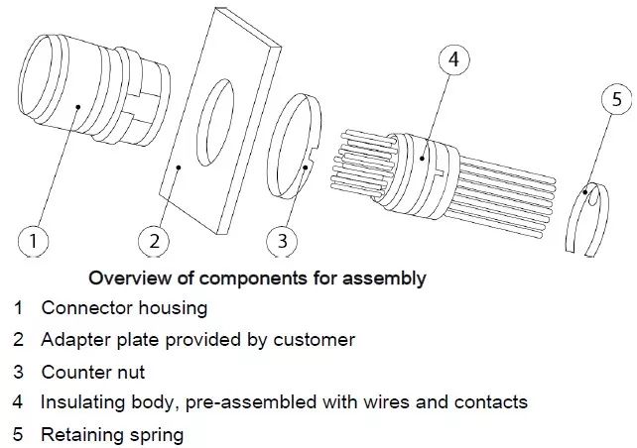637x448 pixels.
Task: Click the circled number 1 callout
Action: point(34,241)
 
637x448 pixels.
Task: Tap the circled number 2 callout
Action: point(154,241)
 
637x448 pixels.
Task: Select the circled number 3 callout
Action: point(282,241)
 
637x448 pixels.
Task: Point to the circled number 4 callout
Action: point(454,59)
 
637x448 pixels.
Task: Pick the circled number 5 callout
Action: point(617,99)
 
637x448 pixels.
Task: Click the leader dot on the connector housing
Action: point(78,107)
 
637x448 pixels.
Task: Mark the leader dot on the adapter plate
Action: point(178,168)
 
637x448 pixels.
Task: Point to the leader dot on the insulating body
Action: point(422,159)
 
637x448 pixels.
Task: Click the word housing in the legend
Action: point(173,308)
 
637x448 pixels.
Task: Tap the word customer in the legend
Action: point(314,340)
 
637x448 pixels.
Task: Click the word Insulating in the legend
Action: point(83,402)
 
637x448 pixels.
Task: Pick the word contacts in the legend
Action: point(491,402)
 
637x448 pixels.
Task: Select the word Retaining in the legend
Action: point(82,435)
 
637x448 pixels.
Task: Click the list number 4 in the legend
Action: point(18,401)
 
